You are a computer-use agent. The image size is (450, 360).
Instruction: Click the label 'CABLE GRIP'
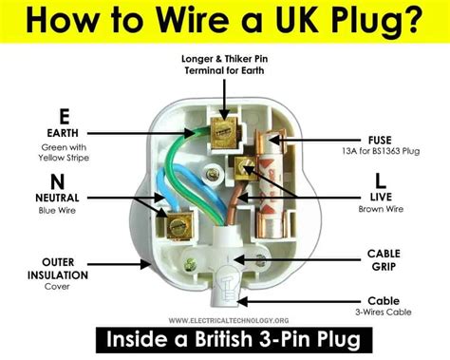coord(389,261)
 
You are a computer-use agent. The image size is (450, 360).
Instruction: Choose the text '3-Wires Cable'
coord(389,311)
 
